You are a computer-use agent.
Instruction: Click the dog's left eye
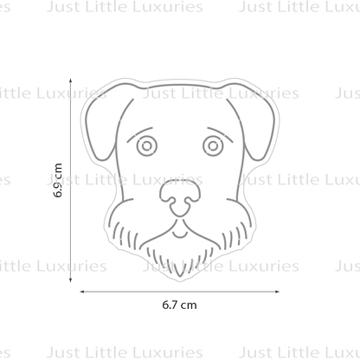pos(147,146)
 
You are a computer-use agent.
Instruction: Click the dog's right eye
pos(213,146)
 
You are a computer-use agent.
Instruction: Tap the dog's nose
pos(180,196)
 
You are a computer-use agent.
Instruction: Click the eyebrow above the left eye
pos(138,134)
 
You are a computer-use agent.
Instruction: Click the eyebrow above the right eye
pos(221,134)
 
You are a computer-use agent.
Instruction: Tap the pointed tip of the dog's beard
pos(180,276)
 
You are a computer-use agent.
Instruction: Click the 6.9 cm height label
pos(58,180)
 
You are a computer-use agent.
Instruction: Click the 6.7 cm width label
pos(179,305)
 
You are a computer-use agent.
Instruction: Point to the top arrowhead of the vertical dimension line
pos(71,80)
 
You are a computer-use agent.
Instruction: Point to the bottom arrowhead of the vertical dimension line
pos(71,280)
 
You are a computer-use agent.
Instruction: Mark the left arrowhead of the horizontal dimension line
pos(81,292)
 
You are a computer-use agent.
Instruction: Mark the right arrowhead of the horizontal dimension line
pos(278,292)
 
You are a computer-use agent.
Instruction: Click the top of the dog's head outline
pos(180,85)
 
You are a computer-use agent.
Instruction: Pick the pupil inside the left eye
pos(147,146)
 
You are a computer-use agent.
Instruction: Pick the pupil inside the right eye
pos(213,146)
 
